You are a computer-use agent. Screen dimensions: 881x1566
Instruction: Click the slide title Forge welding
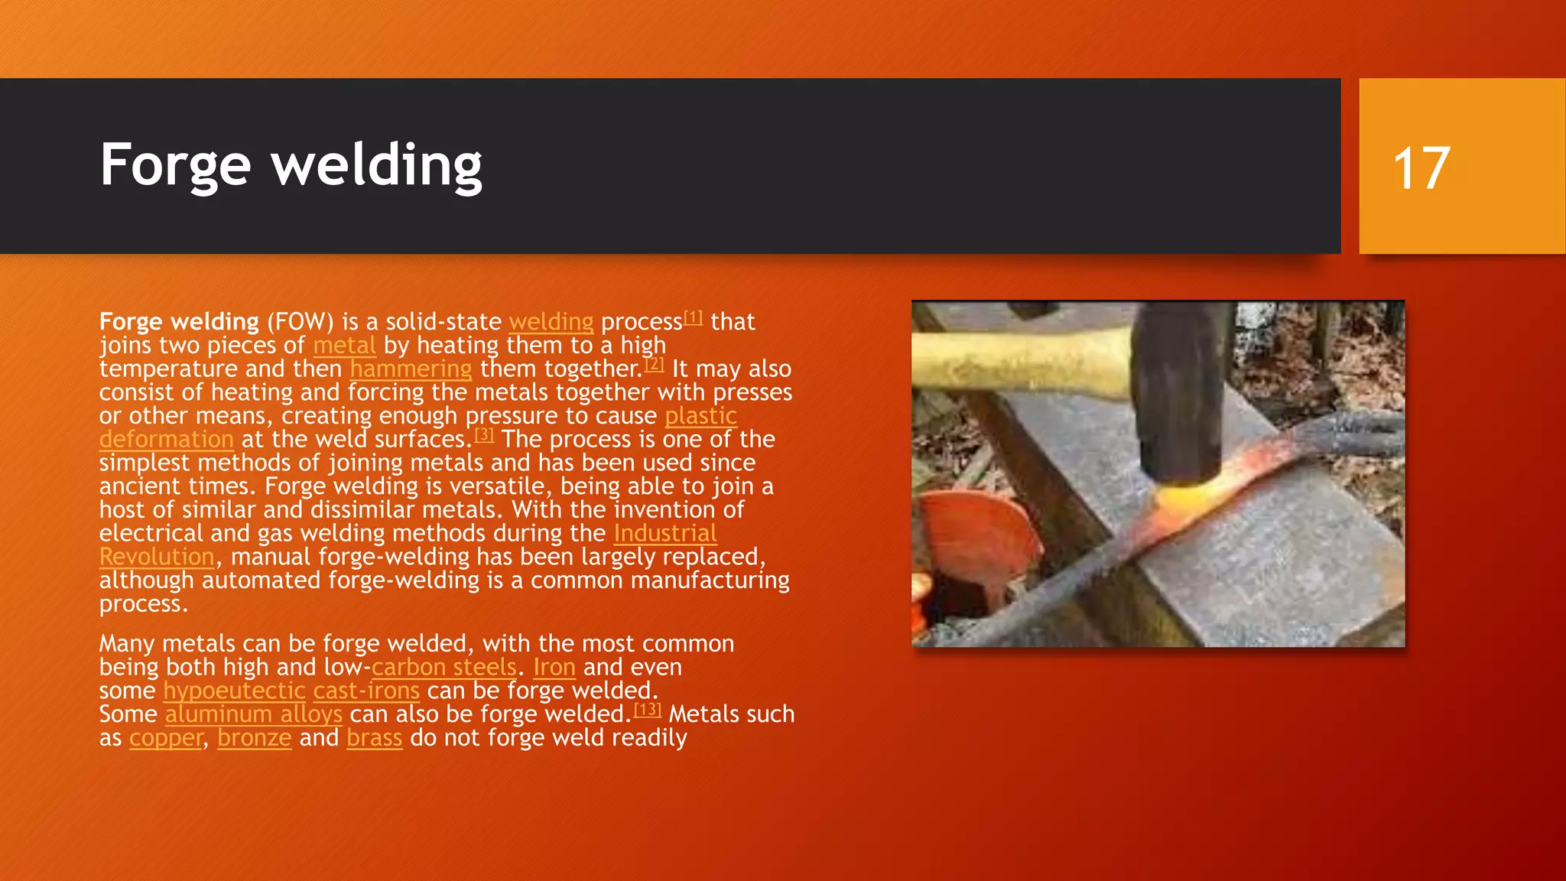click(291, 165)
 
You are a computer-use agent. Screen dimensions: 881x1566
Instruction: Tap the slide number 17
click(1421, 168)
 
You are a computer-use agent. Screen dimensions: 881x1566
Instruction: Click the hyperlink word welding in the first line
click(551, 322)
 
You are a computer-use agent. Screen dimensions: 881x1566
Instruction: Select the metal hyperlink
click(344, 346)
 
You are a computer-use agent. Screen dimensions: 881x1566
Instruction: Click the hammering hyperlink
click(411, 369)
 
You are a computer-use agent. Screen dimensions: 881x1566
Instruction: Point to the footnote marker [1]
click(693, 317)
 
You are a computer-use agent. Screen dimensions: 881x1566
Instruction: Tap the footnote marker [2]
click(654, 365)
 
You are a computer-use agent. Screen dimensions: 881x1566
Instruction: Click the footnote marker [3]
click(484, 435)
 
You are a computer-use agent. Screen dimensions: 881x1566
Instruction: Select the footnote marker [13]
click(647, 710)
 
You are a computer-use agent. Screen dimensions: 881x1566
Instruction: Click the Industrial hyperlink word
click(664, 534)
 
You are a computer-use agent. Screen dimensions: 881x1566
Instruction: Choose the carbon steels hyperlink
click(443, 668)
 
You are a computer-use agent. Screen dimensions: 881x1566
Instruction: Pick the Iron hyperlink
click(554, 668)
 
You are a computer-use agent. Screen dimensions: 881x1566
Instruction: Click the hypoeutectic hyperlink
click(234, 691)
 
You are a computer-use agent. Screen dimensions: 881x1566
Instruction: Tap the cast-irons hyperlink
click(366, 691)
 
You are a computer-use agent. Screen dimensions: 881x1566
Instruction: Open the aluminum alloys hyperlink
click(253, 715)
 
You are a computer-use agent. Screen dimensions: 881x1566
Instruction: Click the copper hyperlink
click(166, 739)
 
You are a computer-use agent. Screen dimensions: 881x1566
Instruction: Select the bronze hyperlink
click(254, 739)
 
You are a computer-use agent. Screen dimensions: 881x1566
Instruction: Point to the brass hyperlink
click(374, 739)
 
